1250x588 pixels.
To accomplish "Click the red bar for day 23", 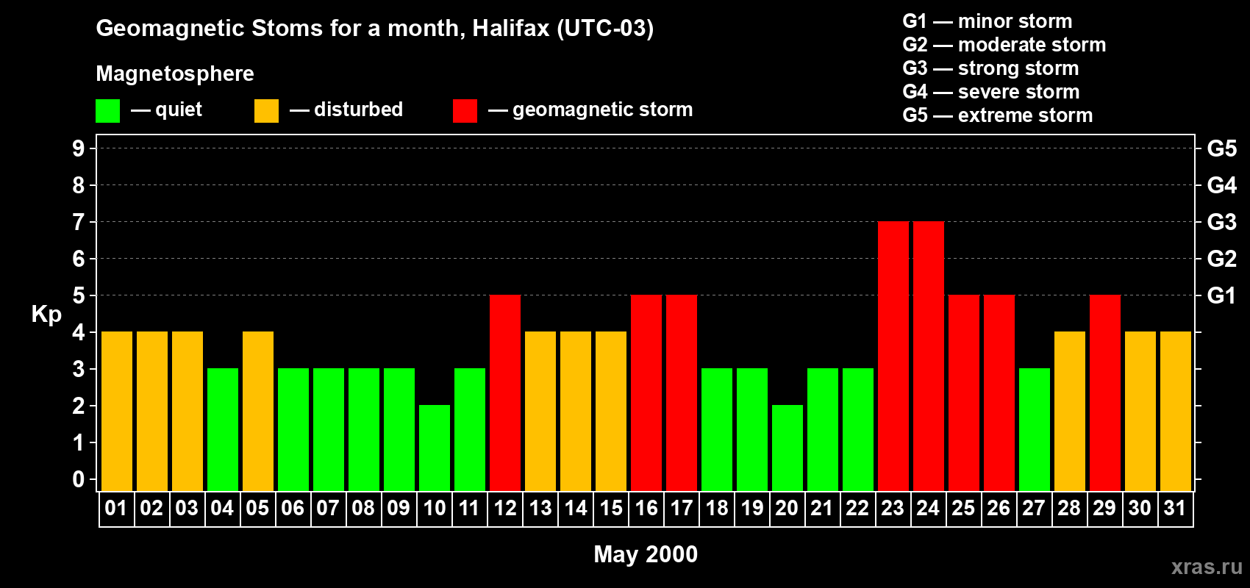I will [x=893, y=356].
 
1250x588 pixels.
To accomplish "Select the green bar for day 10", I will [x=435, y=448].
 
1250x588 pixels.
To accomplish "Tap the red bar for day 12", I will [x=505, y=392].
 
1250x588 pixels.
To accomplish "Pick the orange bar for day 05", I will [x=258, y=411].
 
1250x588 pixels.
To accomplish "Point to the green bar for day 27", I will [x=1035, y=429].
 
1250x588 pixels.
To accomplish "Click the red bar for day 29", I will [x=1105, y=392].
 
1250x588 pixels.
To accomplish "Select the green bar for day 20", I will [x=787, y=448].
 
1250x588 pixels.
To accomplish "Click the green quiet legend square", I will [x=108, y=111].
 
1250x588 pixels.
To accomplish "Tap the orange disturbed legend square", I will [x=266, y=111].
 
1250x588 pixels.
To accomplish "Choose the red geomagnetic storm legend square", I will [x=465, y=111].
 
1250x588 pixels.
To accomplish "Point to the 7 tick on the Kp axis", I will [x=79, y=222].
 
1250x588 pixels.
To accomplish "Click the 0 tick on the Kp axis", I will [x=79, y=479].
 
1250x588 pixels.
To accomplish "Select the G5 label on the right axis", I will [x=1221, y=148].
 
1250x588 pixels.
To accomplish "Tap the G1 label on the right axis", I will [x=1221, y=295].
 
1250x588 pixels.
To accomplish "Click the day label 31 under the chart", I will [x=1175, y=508].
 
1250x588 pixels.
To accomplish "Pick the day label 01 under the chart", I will [x=116, y=508].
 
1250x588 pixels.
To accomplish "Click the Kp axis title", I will [x=46, y=314].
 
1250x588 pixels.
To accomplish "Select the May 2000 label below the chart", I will [x=646, y=554].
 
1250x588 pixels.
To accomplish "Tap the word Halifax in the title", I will [x=510, y=28].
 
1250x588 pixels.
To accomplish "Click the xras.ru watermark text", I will [x=1207, y=566].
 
